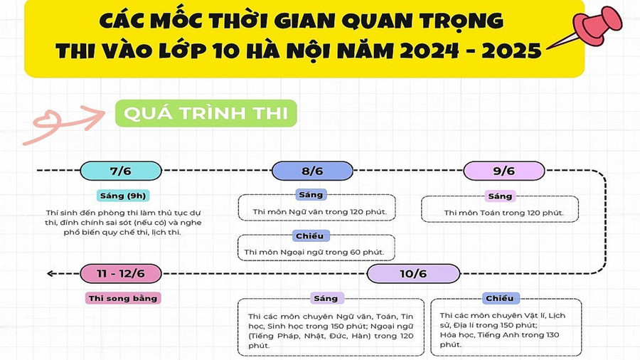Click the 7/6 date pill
click(x=120, y=171)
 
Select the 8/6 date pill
click(x=312, y=171)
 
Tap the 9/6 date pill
click(x=503, y=171)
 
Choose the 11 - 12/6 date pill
click(x=120, y=273)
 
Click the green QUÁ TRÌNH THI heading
click(x=206, y=114)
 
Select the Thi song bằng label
click(x=122, y=298)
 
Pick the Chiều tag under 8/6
click(x=311, y=236)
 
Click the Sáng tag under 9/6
click(x=500, y=196)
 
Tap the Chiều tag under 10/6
click(x=498, y=298)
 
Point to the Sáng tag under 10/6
click(x=326, y=298)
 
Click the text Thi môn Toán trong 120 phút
click(x=503, y=212)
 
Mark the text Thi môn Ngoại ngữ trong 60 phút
click(x=314, y=252)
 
